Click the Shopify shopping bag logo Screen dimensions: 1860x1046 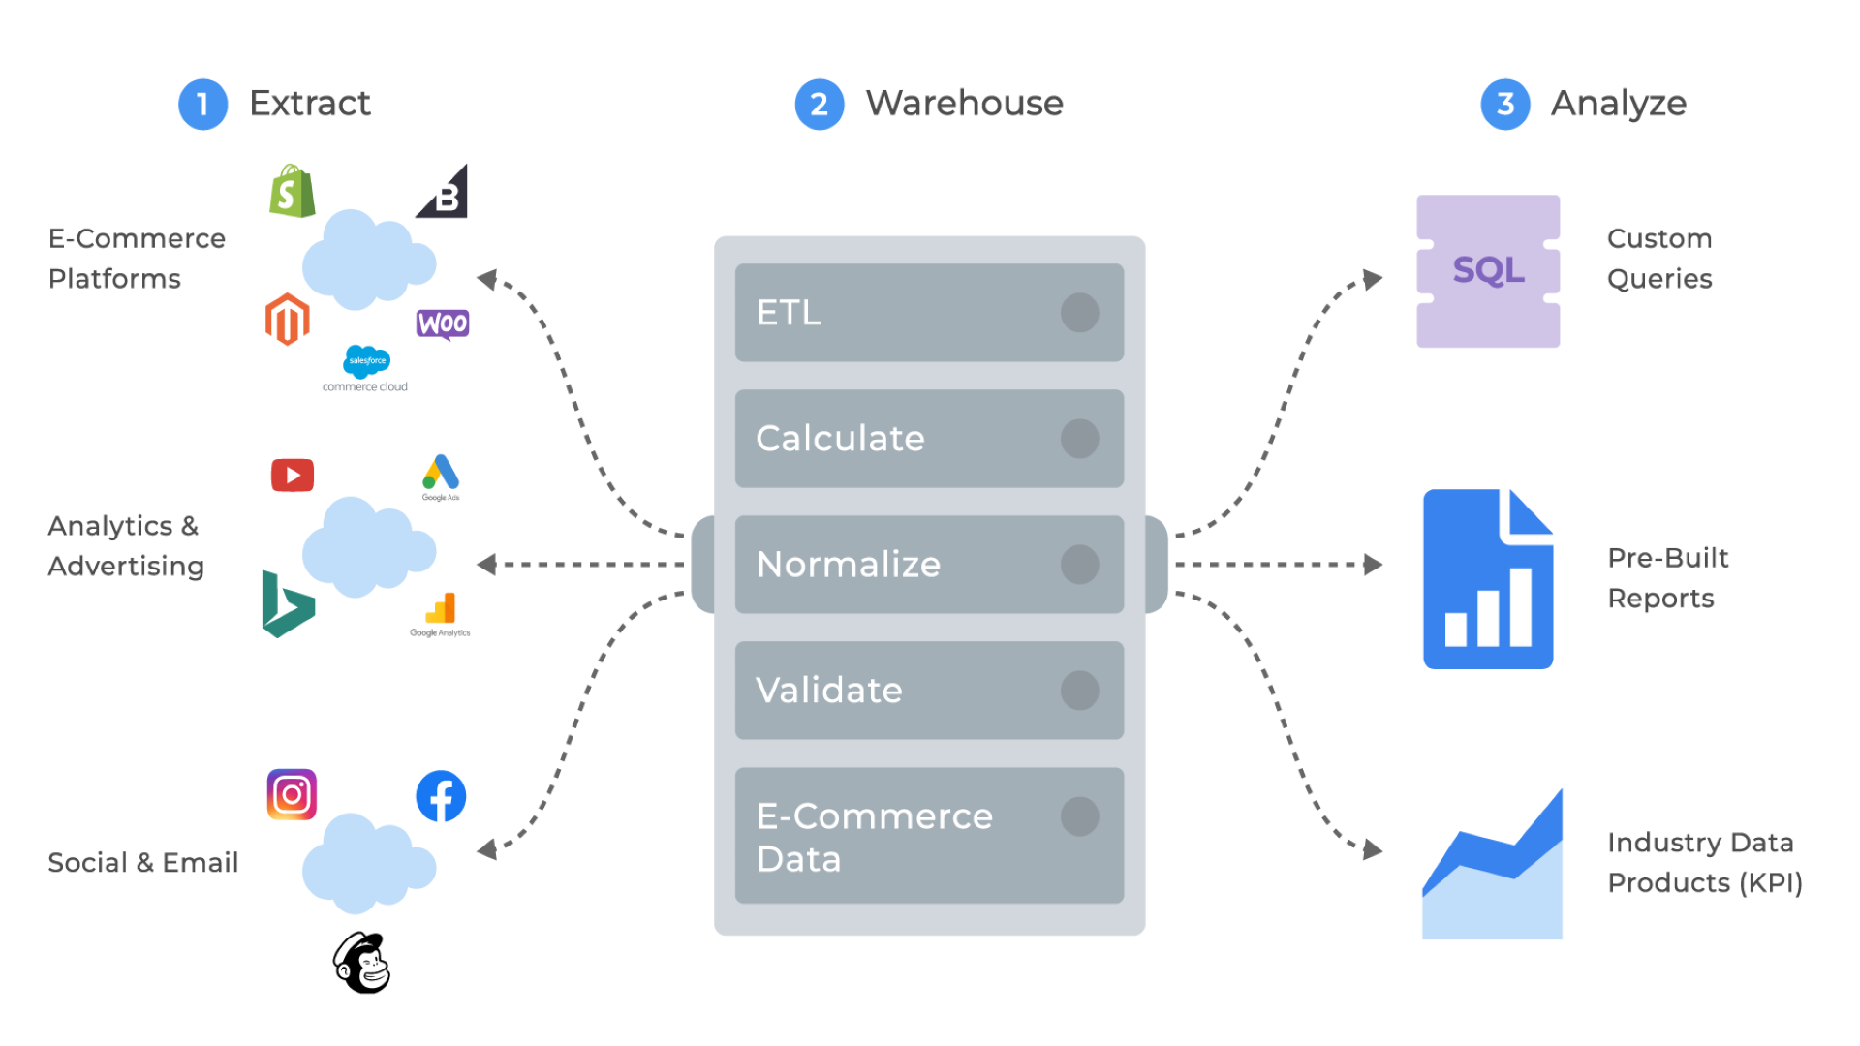[x=293, y=191]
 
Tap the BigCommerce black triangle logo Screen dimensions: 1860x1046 [x=444, y=192]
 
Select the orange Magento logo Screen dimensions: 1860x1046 [x=288, y=319]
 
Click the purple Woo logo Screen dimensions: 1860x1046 [x=443, y=323]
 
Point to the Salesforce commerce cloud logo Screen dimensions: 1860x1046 [x=365, y=369]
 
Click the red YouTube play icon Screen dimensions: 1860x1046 [x=293, y=476]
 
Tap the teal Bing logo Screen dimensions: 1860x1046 [x=288, y=604]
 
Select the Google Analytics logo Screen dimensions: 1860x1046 [x=440, y=615]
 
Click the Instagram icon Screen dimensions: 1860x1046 [x=292, y=795]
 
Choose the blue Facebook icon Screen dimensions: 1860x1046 [x=441, y=796]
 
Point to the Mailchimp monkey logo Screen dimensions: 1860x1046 [x=362, y=963]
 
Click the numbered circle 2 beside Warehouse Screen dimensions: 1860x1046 [x=820, y=105]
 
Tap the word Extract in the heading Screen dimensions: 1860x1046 [x=310, y=103]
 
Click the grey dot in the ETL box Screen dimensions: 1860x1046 [x=1079, y=313]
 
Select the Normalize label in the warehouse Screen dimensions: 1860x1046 [x=849, y=565]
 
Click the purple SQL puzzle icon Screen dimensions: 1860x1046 [x=1488, y=271]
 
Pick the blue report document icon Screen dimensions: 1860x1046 [x=1488, y=579]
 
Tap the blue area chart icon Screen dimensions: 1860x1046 [x=1492, y=864]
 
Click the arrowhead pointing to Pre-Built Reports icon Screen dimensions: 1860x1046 [x=1373, y=565]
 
